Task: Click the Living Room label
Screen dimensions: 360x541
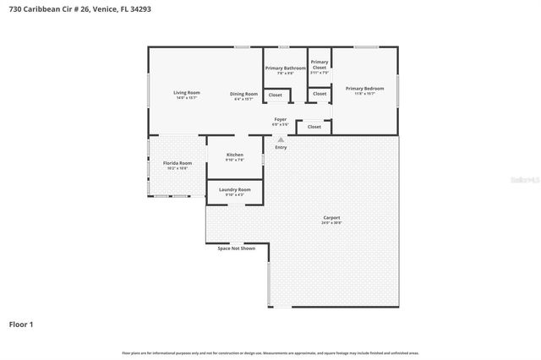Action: (187, 92)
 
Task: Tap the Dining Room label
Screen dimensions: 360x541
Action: (244, 93)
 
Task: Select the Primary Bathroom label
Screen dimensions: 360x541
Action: (285, 68)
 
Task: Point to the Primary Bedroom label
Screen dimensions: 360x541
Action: (364, 88)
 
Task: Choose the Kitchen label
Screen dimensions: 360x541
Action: (235, 155)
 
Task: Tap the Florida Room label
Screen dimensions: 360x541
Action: (178, 162)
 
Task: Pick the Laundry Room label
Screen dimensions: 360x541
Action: (235, 189)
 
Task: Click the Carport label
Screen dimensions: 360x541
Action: (331, 217)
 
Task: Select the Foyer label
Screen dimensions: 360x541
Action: (281, 120)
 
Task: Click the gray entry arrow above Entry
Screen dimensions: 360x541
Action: (281, 140)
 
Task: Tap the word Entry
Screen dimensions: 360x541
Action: (281, 148)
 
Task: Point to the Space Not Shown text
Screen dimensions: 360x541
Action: (236, 248)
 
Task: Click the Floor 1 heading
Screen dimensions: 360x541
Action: (21, 324)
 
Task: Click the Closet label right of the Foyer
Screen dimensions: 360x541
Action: (314, 127)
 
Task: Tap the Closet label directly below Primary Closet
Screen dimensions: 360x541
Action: (320, 94)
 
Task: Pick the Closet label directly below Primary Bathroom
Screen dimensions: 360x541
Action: (276, 95)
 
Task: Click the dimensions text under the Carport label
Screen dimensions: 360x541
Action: (331, 223)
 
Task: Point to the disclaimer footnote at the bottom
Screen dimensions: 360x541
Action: (270, 352)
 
